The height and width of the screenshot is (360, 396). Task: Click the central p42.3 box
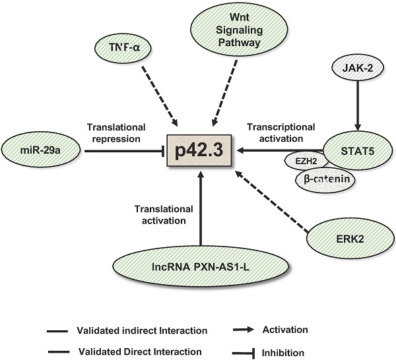coord(201,150)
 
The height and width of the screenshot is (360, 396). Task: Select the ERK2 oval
coord(354,237)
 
